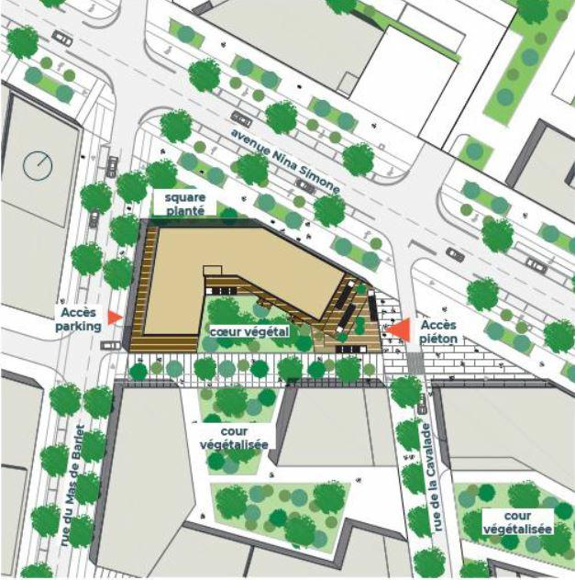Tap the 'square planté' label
pyautogui.click(x=184, y=203)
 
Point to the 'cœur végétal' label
pyautogui.click(x=249, y=330)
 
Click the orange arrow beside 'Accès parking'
pyautogui.click(x=115, y=317)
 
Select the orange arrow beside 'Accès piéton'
pyautogui.click(x=397, y=329)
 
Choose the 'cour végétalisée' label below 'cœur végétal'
pyautogui.click(x=233, y=437)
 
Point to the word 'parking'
pyautogui.click(x=77, y=325)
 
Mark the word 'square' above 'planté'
pyautogui.click(x=184, y=196)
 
